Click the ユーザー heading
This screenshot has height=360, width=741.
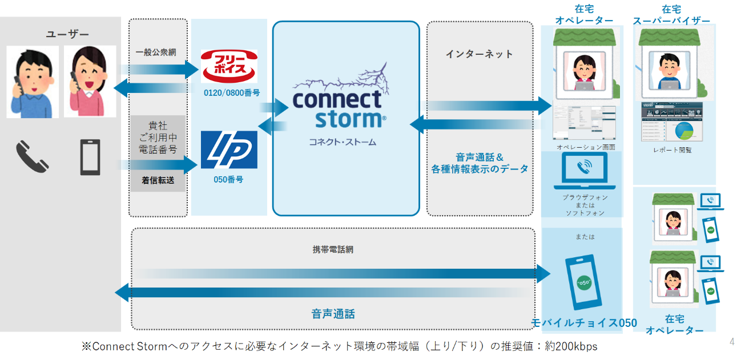click(x=67, y=34)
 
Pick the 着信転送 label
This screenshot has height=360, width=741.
click(x=158, y=180)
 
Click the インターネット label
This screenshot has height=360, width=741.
click(x=479, y=54)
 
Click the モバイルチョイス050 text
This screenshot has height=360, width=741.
click(x=583, y=323)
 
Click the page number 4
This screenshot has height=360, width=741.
click(x=732, y=342)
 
